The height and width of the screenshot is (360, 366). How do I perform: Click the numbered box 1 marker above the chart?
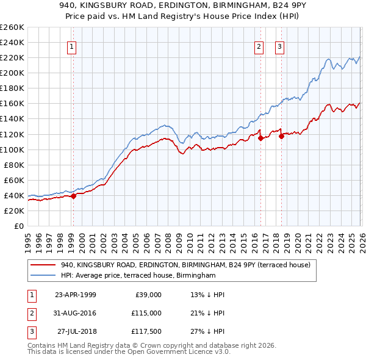72,47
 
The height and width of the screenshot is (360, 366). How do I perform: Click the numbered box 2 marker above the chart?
259,47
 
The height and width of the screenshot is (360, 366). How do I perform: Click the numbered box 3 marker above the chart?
279,47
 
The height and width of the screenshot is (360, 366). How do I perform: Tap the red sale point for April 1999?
73,196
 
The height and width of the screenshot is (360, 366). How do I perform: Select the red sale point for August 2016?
260,138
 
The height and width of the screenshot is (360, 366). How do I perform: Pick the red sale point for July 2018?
281,136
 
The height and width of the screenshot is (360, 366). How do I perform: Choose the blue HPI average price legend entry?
138,276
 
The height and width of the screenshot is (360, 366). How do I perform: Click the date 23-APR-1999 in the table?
75,295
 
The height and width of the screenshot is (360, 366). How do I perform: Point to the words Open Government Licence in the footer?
178,352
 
